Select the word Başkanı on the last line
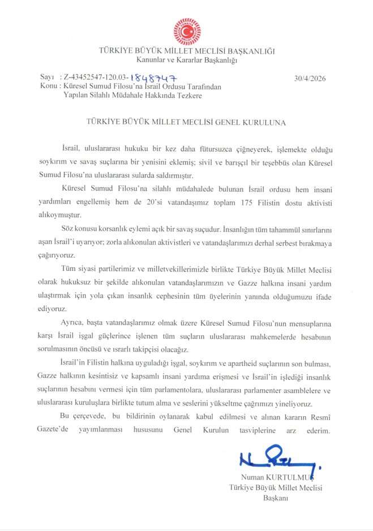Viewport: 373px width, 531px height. coord(276,497)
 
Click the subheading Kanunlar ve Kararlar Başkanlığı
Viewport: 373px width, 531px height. coord(186,59)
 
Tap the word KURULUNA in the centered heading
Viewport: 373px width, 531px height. coord(264,122)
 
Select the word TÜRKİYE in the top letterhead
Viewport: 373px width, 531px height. coord(116,51)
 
